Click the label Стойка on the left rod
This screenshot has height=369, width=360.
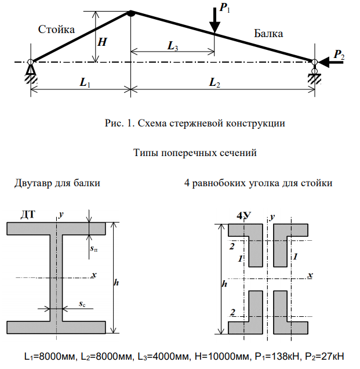tap(56, 29)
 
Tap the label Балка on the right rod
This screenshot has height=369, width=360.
tap(268, 34)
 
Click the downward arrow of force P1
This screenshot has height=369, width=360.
tap(215, 20)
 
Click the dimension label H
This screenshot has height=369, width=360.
tap(102, 42)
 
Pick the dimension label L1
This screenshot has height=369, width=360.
tap(85, 84)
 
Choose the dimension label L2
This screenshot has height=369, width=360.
tap(214, 84)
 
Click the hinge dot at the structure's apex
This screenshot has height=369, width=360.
tap(131, 13)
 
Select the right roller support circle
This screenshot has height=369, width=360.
tap(314, 71)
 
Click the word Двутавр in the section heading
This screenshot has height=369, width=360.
tap(32, 183)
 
